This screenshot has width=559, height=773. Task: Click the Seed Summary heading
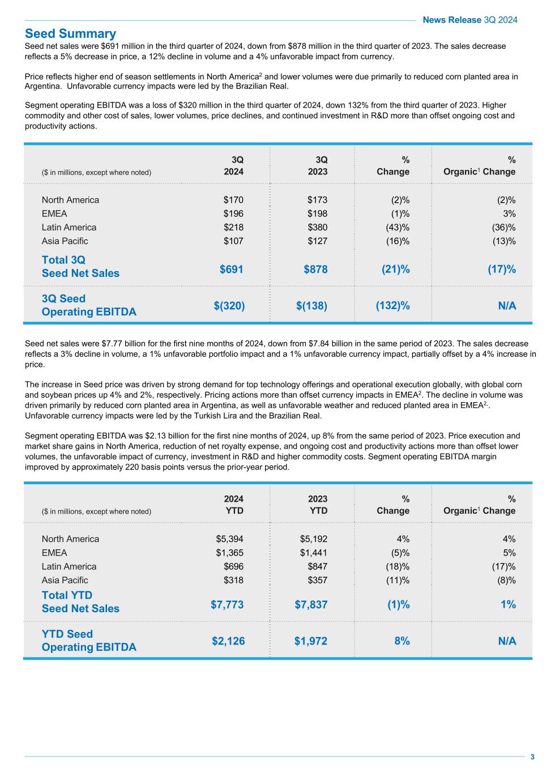click(70, 33)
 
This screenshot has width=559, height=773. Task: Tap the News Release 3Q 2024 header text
click(470, 20)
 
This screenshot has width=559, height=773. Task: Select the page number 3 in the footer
click(532, 757)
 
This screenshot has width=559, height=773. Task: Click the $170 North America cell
click(233, 200)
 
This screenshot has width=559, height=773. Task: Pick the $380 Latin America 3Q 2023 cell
click(318, 228)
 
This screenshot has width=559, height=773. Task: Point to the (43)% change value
click(398, 228)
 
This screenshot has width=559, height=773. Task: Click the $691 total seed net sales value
click(232, 269)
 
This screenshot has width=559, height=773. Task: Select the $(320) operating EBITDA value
click(229, 306)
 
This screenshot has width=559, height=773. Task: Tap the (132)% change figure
click(392, 306)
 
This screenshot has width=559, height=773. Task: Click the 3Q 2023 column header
click(318, 165)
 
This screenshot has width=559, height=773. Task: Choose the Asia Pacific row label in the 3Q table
click(65, 241)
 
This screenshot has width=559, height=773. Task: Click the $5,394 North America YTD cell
click(229, 539)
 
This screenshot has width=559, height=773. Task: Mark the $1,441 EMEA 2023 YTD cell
click(314, 553)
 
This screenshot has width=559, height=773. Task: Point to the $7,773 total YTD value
click(227, 604)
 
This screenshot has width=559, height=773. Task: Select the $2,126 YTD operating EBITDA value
click(228, 641)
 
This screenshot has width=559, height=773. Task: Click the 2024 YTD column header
click(233, 505)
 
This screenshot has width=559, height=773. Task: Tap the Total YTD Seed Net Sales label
click(80, 601)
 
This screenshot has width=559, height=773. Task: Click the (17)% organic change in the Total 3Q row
click(502, 269)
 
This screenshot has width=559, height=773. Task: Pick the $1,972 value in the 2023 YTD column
click(310, 641)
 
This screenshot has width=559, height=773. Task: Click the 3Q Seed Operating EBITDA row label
click(89, 305)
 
